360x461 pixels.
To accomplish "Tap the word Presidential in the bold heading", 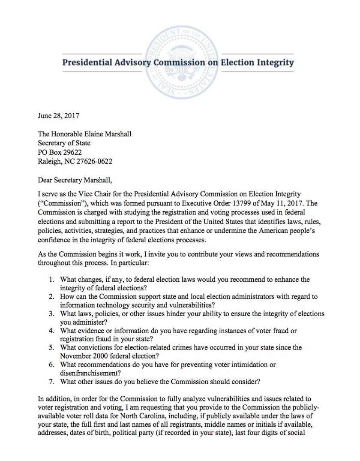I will (x=88, y=63).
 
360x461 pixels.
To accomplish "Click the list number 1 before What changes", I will (x=51, y=280).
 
